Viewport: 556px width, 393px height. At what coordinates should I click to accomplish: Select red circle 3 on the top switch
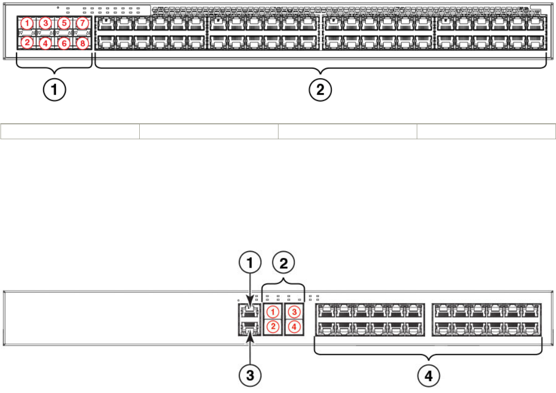(x=46, y=23)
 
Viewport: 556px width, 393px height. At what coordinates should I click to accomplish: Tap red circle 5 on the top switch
(x=64, y=23)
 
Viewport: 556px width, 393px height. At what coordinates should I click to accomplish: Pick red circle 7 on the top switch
(x=82, y=23)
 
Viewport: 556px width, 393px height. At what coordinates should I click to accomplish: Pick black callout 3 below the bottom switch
(x=250, y=376)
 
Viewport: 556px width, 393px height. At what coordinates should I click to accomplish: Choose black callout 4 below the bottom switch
(x=428, y=376)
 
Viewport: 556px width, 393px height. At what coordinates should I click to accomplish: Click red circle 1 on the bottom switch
(x=273, y=312)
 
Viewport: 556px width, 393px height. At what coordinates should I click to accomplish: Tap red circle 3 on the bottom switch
(x=294, y=312)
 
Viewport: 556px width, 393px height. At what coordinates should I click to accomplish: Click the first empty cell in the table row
(x=70, y=132)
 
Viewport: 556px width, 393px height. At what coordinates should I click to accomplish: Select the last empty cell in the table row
(x=486, y=132)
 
